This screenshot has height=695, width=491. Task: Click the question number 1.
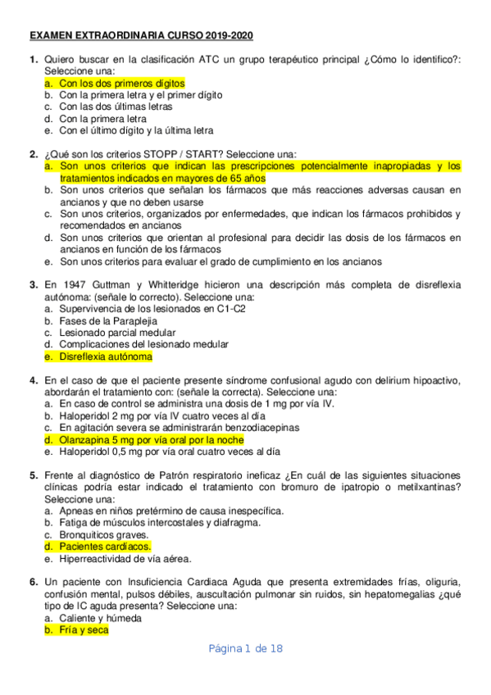click(33, 60)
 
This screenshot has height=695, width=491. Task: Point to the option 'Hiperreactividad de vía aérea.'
click(125, 559)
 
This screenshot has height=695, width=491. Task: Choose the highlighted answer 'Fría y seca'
click(83, 630)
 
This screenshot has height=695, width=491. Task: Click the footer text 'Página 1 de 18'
click(245, 649)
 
